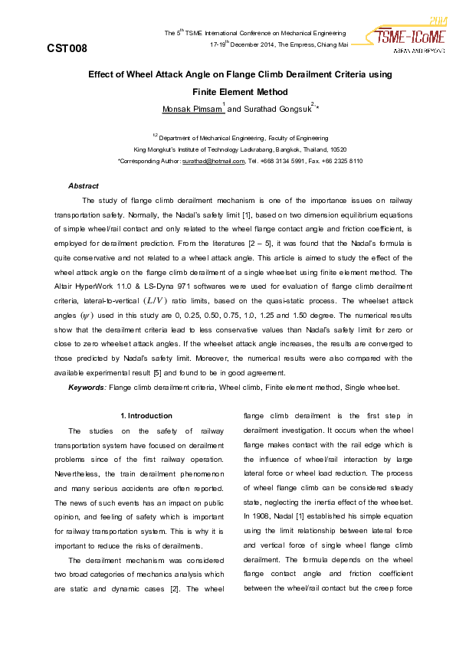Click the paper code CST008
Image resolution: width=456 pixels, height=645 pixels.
click(67, 48)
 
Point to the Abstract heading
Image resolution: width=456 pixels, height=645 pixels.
click(84, 186)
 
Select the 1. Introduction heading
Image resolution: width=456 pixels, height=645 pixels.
click(146, 416)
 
